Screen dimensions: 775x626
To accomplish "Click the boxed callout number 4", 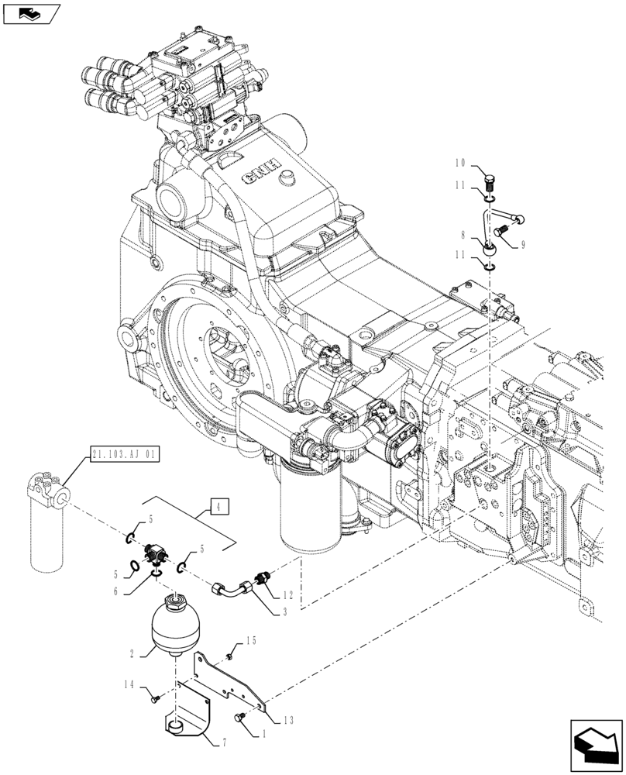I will [x=219, y=508].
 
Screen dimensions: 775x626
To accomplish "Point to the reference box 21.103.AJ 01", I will [x=124, y=455].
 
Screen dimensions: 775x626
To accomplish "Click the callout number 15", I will [x=250, y=641].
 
